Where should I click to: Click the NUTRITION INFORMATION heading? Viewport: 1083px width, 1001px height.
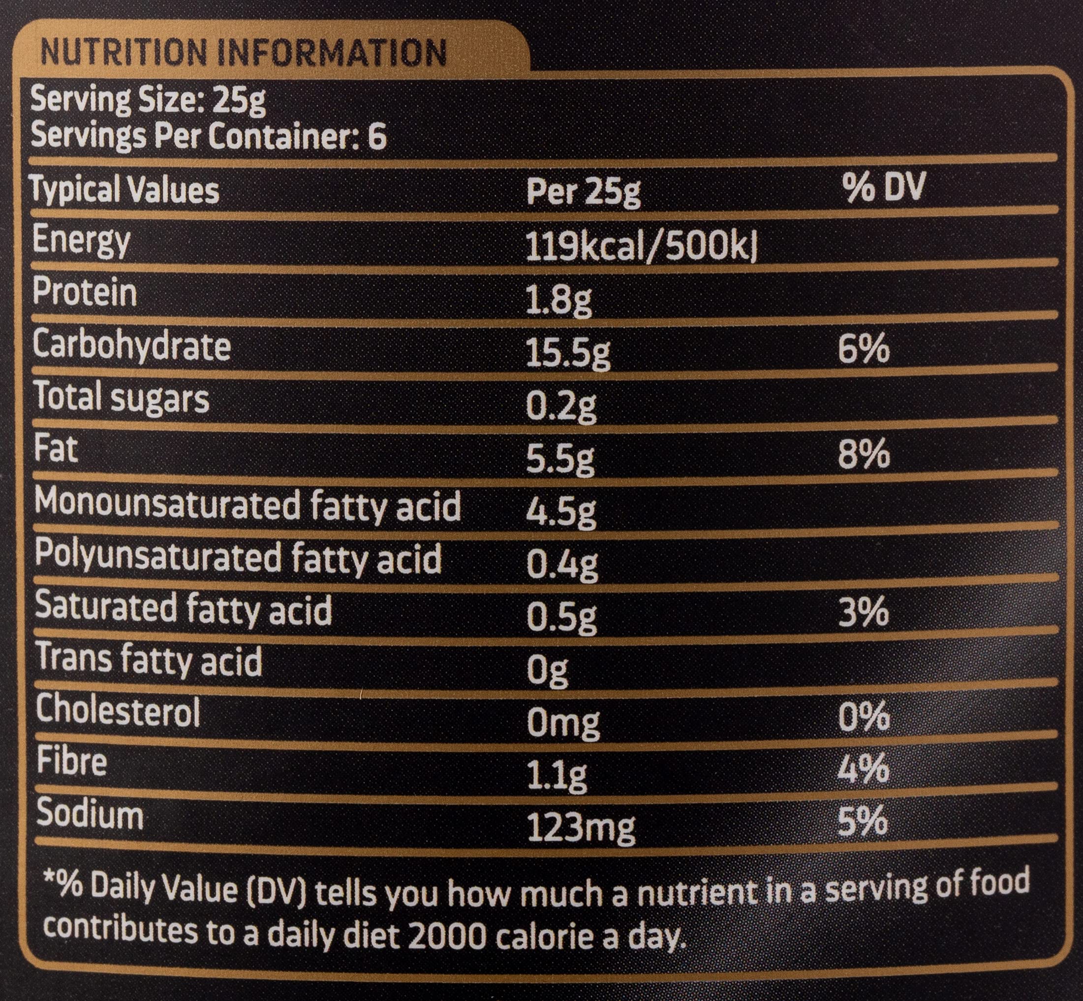click(x=244, y=53)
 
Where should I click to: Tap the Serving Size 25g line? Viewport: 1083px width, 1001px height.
click(x=149, y=101)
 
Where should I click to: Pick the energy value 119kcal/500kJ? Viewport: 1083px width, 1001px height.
click(x=641, y=248)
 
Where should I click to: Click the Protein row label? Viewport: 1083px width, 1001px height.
click(x=85, y=292)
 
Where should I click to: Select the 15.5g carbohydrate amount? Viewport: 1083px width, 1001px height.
click(x=568, y=353)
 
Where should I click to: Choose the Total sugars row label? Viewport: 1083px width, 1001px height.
click(x=122, y=399)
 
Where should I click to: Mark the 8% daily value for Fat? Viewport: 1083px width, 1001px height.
click(x=864, y=454)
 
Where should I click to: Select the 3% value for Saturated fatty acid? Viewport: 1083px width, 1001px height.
click(x=863, y=612)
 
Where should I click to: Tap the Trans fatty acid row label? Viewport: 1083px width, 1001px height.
click(x=149, y=661)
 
